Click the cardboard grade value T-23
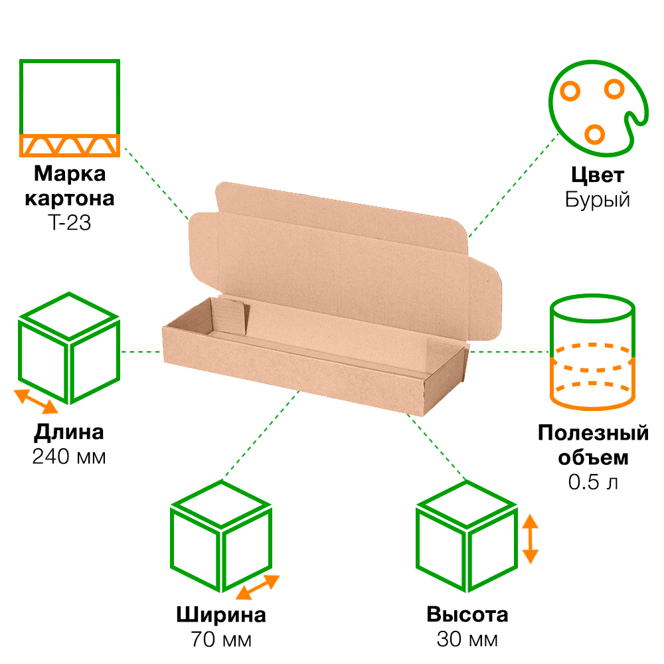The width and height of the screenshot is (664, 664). [x=70, y=223]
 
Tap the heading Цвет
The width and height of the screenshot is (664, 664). [x=598, y=175]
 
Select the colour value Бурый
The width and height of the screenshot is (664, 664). [x=598, y=199]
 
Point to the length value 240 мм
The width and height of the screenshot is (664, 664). [x=69, y=457]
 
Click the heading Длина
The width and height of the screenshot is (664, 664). [x=69, y=433]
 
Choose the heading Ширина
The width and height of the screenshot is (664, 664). [x=221, y=615]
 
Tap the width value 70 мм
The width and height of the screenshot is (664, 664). [x=221, y=639]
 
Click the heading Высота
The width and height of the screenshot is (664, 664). [x=467, y=614]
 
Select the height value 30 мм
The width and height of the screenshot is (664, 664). [x=467, y=639]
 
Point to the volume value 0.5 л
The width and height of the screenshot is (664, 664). [x=593, y=482]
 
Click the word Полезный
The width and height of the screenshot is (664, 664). [x=593, y=433]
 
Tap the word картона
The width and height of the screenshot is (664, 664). [x=70, y=199]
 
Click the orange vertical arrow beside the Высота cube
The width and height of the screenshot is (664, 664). [x=530, y=539]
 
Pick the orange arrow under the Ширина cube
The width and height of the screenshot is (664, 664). [x=258, y=587]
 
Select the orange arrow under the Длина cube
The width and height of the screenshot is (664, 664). [x=36, y=402]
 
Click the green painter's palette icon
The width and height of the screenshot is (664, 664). [x=598, y=108]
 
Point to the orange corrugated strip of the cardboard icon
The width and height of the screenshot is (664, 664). [x=70, y=145]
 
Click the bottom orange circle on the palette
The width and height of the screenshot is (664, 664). [x=594, y=134]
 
